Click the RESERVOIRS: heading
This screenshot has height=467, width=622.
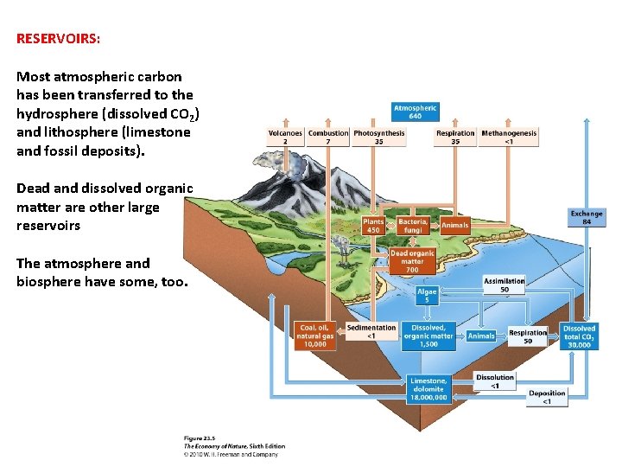point(58,39)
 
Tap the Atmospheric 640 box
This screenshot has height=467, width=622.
point(415,112)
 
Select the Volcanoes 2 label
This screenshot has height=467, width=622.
point(285,137)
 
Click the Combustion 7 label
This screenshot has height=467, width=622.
point(328,137)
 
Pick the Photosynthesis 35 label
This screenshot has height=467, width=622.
point(378,137)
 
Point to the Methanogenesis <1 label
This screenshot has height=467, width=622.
point(509,137)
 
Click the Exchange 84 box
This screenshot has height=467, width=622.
point(587,217)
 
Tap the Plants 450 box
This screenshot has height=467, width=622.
point(373,226)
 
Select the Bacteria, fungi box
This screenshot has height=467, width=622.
point(412,226)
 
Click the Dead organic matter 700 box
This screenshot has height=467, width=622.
point(412,261)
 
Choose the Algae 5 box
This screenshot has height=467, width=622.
point(427,296)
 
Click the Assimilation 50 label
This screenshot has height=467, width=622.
point(505,285)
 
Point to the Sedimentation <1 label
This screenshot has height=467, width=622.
point(371,331)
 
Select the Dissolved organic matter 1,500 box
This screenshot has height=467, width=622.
point(428,336)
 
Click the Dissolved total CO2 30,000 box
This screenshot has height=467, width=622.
point(579,336)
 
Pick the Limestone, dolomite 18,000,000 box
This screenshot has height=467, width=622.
point(428,389)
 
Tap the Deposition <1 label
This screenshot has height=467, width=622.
point(548,397)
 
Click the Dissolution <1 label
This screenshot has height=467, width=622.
point(495,381)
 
